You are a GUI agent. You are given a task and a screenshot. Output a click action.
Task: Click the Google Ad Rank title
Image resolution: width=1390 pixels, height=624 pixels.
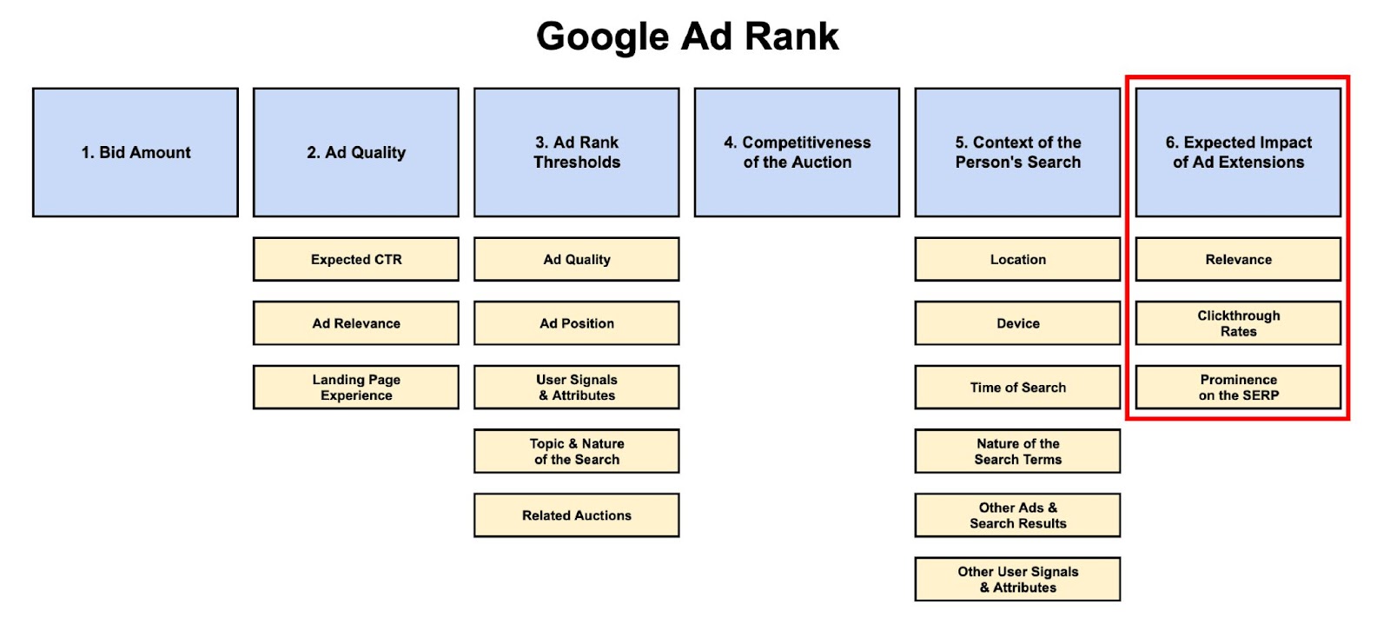point(687,37)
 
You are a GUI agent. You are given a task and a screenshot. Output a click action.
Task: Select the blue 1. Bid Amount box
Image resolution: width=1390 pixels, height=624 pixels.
point(136,152)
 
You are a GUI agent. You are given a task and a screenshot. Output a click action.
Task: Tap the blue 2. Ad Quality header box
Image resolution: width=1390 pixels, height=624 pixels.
point(356,152)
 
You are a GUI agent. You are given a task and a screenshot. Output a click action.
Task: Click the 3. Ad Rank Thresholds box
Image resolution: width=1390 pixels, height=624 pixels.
point(577,152)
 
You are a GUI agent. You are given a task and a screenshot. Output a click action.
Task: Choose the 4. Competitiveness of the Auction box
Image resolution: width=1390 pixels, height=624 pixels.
point(797,152)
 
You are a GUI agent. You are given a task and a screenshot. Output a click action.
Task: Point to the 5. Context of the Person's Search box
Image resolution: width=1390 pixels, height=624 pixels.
point(1017,152)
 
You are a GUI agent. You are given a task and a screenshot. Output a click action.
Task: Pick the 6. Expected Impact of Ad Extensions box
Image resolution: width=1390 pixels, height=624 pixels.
point(1238,152)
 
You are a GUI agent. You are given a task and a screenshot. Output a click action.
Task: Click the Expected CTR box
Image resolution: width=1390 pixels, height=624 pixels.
point(356,259)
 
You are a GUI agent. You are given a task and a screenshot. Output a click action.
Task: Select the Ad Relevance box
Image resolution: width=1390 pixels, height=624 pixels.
point(356,323)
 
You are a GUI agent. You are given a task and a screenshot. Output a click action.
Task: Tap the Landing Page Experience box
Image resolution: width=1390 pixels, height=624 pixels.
point(356,387)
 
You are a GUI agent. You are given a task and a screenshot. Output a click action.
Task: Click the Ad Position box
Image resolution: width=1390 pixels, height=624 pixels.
point(577,323)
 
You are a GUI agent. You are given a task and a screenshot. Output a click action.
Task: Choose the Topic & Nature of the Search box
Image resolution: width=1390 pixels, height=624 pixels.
point(577,451)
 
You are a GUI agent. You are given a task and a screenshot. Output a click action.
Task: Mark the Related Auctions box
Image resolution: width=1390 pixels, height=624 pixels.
point(577,515)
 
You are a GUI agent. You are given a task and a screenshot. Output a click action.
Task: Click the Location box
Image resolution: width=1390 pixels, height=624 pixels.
point(1017,259)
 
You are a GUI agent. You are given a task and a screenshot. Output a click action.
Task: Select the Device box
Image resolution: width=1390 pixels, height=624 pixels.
point(1017,323)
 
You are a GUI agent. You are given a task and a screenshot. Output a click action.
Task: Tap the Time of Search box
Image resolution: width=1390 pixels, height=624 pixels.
point(1017,387)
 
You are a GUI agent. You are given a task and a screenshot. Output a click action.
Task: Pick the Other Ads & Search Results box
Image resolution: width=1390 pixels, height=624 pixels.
point(1017,515)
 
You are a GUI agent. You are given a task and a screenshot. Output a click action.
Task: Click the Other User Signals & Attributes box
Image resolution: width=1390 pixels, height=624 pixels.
point(1017,579)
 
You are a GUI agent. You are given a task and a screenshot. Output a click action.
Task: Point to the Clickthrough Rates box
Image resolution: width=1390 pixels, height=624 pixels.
point(1238,323)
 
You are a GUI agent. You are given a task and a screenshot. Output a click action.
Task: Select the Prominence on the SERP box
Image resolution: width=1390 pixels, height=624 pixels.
point(1238,387)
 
